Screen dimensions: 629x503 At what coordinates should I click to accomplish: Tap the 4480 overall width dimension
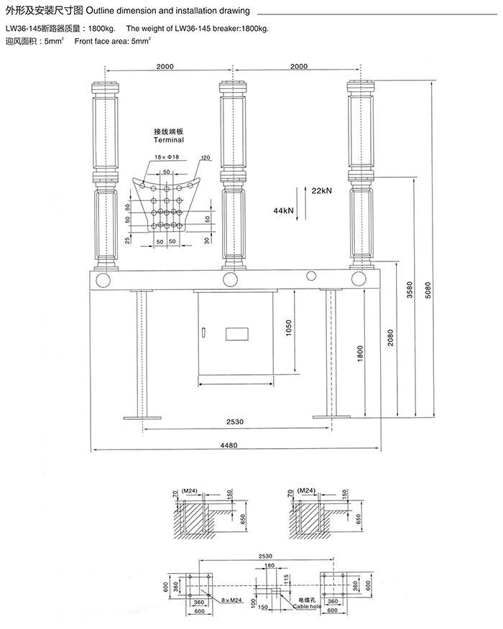(x=229, y=446)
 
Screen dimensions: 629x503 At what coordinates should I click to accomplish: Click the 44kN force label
(x=283, y=210)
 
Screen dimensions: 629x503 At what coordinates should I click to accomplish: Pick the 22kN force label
(x=321, y=191)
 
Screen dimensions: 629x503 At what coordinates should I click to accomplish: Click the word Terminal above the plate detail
(x=170, y=141)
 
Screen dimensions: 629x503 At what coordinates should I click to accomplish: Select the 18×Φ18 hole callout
(x=165, y=157)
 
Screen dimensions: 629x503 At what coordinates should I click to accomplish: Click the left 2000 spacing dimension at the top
(x=165, y=66)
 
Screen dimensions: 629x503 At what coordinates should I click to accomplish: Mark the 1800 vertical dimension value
(x=359, y=353)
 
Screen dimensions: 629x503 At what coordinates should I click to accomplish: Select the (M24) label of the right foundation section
(x=308, y=490)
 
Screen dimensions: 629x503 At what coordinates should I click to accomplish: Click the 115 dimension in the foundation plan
(x=285, y=579)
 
